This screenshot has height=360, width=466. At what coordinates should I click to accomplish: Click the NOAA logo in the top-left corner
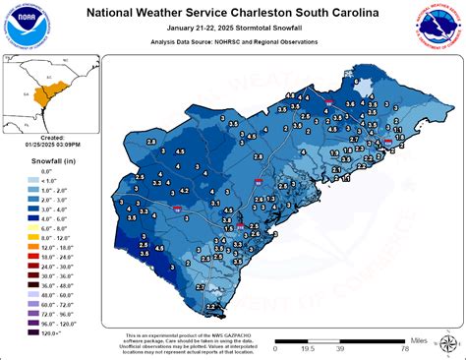[25, 26]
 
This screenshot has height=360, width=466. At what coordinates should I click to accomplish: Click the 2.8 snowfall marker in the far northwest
[150, 144]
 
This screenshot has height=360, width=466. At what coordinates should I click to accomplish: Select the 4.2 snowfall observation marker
[186, 188]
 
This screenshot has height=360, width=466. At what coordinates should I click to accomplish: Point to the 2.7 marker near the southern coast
[201, 286]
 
